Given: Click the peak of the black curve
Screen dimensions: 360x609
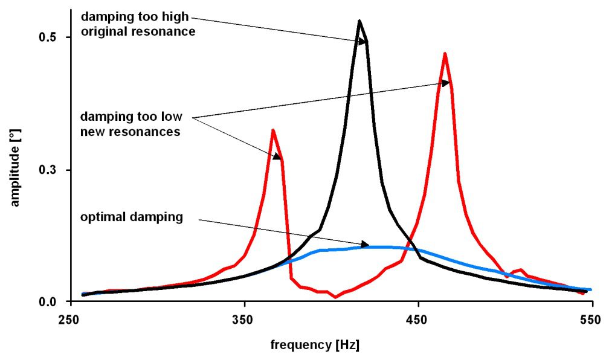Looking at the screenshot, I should pos(359,21).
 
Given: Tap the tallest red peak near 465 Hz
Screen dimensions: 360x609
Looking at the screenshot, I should pos(445,54).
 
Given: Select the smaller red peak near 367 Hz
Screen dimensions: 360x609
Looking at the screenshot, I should pos(273,130).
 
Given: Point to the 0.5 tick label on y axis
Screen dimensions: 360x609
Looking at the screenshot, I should pos(47,37).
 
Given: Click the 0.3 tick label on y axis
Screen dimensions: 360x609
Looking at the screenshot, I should pos(47,170).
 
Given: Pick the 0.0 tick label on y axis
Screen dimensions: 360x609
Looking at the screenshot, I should pos(47,301).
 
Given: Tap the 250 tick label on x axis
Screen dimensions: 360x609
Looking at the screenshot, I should pos(71,319).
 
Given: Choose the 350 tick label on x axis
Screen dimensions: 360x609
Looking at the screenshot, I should pos(244,319).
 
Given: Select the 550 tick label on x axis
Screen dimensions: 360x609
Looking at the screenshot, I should pos(591,319).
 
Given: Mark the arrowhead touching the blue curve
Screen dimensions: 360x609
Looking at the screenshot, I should pos(365,245).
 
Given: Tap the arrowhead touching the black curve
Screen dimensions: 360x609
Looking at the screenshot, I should pos(362,42).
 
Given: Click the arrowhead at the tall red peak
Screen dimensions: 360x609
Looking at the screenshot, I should pos(446,83).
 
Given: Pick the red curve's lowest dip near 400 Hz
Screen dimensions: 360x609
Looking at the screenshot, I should pos(336,297).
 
